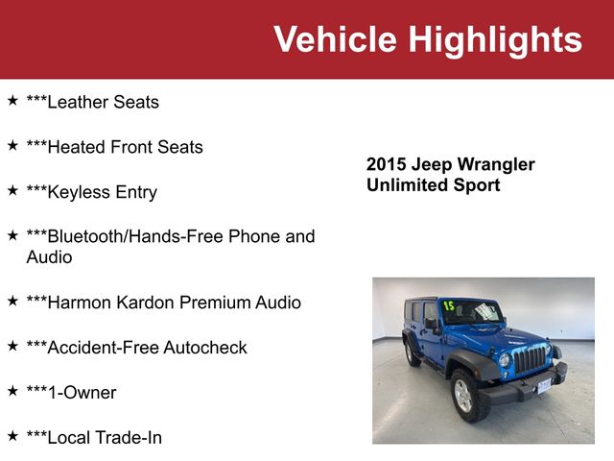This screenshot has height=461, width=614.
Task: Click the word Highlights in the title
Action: pyautogui.click(x=495, y=39)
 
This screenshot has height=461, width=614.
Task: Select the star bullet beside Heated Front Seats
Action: pyautogui.click(x=12, y=146)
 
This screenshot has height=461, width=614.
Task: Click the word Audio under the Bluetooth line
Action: pyautogui.click(x=49, y=257)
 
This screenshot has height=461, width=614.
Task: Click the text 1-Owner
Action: pyautogui.click(x=82, y=393)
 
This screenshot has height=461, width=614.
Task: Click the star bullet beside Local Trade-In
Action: pyautogui.click(x=12, y=437)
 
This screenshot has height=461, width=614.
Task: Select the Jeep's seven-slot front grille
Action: pyautogui.click(x=531, y=359)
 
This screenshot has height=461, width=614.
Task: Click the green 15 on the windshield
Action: pyautogui.click(x=448, y=306)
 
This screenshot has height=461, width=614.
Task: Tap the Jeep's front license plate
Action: pyautogui.click(x=545, y=385)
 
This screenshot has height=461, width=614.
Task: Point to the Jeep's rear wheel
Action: pyautogui.click(x=412, y=352)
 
